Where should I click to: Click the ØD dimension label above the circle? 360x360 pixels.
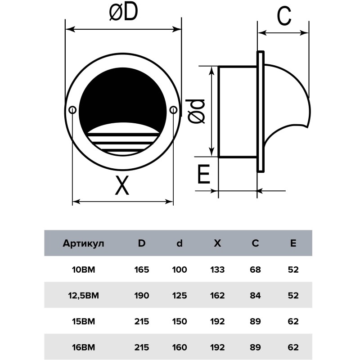[123, 12]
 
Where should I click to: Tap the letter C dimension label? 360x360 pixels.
[284, 16]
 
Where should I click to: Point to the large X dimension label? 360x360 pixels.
[122, 185]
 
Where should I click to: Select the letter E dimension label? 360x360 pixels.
[204, 174]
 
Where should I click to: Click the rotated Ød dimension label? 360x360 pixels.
[195, 112]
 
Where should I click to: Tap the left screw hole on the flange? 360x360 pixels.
[72, 110]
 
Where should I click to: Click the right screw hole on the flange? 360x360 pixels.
[173, 110]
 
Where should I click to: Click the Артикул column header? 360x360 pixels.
[83, 243]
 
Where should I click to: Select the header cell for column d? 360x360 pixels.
[180, 243]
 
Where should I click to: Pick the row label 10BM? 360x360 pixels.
[83, 270]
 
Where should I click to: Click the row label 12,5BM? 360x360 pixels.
[83, 296]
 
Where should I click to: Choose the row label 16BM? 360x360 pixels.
[83, 347]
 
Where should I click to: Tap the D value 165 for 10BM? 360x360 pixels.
[142, 270]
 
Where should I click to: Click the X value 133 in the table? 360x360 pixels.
[217, 270]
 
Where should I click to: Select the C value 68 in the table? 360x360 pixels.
[255, 270]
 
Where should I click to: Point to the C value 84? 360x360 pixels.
[255, 296]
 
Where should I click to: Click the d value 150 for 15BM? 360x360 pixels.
[180, 321]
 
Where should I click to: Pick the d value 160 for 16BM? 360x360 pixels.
[180, 347]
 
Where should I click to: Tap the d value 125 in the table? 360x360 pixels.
[180, 296]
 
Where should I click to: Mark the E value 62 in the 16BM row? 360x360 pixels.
[293, 347]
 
